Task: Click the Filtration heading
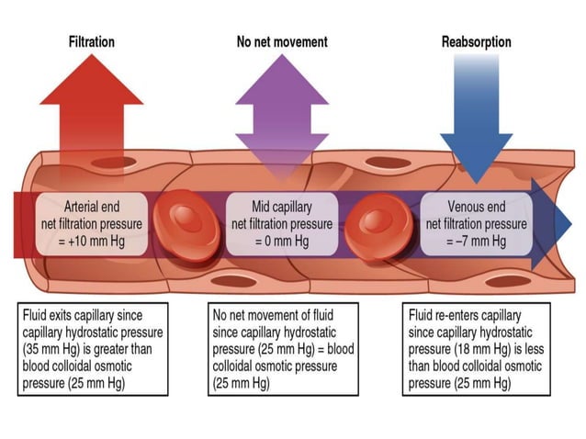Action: point(92,42)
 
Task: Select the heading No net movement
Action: point(281,42)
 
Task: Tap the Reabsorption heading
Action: point(476,42)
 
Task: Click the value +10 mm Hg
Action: point(92,242)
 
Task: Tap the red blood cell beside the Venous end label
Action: point(374,222)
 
